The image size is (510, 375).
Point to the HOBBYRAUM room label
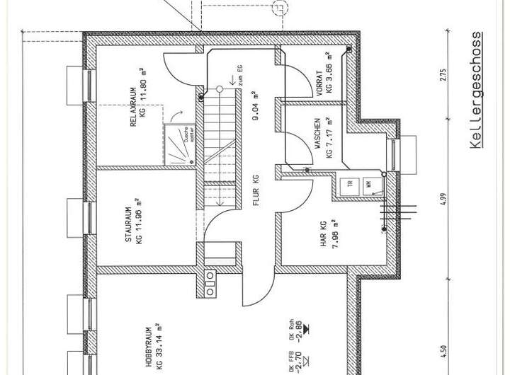click(x=149, y=346)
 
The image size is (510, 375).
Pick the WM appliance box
click(x=370, y=185)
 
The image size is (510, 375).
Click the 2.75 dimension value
click(x=443, y=76)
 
